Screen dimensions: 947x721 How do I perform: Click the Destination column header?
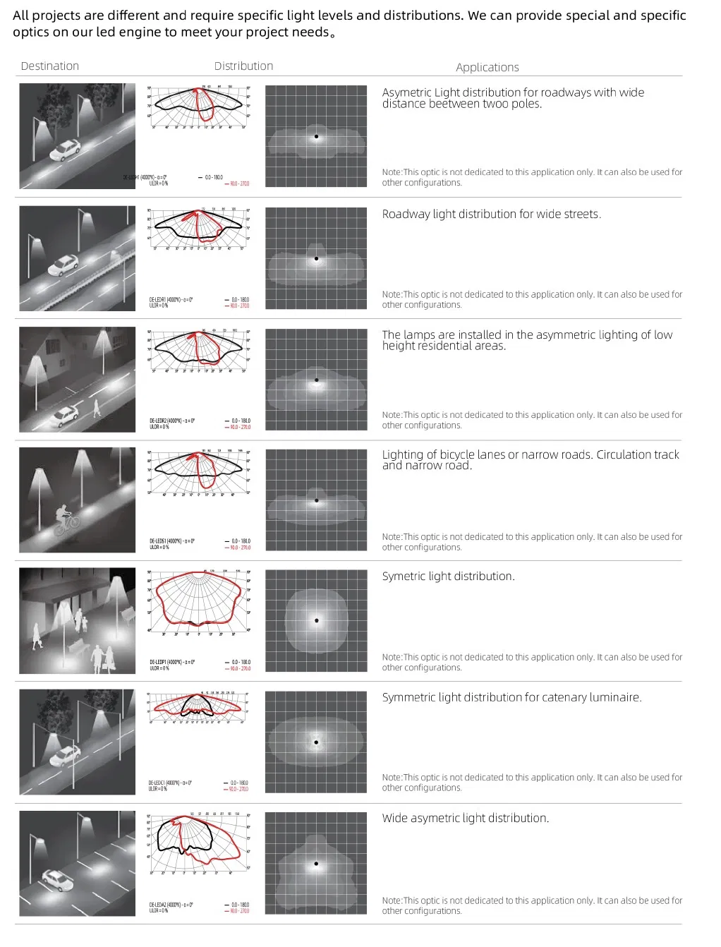pos(50,66)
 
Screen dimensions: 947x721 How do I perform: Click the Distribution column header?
pos(243,66)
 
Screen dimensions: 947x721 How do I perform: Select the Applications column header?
pos(487,68)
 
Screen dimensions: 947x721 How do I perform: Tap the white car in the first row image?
pos(65,150)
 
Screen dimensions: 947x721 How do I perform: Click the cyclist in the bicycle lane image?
pos(66,520)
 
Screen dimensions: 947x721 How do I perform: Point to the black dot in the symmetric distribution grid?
pos(317,621)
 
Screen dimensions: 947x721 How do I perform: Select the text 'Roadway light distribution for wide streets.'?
pos(491,215)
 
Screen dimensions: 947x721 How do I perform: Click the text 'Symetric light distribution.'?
pos(448,577)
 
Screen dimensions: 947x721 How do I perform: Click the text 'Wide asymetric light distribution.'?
pos(465,819)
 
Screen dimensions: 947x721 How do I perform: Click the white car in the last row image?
pos(57,879)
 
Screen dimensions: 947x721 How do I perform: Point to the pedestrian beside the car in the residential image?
pos(97,408)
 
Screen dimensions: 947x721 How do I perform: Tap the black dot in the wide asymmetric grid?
pos(316,864)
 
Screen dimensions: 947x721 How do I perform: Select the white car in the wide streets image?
pos(63,265)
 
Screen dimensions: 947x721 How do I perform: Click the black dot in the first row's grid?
pos(316,137)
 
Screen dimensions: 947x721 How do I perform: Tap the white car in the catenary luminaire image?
pos(65,756)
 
